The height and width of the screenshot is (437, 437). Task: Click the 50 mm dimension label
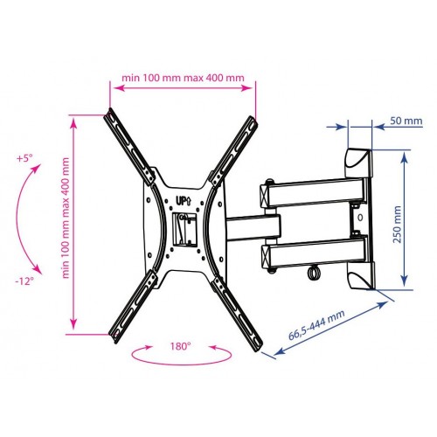coord(406,121)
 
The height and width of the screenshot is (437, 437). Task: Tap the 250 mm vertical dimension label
coord(397,225)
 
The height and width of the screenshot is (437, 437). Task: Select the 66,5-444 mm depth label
coord(316,325)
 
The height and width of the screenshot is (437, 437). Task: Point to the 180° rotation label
coord(181,346)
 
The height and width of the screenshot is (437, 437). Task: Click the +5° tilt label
coord(24,158)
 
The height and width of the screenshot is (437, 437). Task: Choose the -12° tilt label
coord(24,281)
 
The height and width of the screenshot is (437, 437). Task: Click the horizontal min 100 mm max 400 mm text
coord(183,78)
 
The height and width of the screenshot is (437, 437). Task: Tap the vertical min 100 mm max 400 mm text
coord(66,218)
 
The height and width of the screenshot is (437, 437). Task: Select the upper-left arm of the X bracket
coord(129,146)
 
